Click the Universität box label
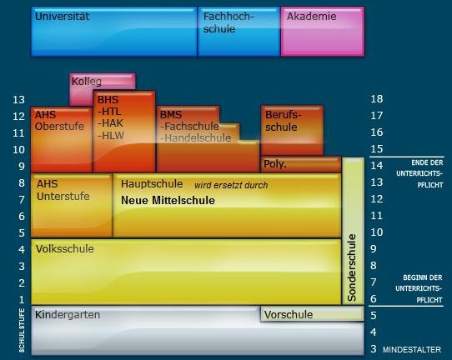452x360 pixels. pos(63,16)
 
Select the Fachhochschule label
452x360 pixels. pos(229,22)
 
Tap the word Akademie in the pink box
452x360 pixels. pos(311,16)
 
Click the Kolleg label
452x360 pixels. pos(87,82)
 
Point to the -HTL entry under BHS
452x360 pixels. pos(109,112)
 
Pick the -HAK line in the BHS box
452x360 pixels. pos(110,123)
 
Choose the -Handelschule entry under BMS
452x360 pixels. pos(195,138)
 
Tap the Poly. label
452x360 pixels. pos(275,164)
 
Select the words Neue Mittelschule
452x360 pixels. pos(168,201)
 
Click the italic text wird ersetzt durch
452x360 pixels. pos(231,185)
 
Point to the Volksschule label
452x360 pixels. pos(65,249)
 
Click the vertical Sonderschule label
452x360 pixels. pos(352,267)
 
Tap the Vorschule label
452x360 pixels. pos(289,314)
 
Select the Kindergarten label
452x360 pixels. pos(68,315)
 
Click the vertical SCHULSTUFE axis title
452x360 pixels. pos(22,330)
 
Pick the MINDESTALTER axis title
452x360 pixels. pos(412,350)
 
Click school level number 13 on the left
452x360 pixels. pos(18,100)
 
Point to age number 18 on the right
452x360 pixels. pos(377,99)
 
